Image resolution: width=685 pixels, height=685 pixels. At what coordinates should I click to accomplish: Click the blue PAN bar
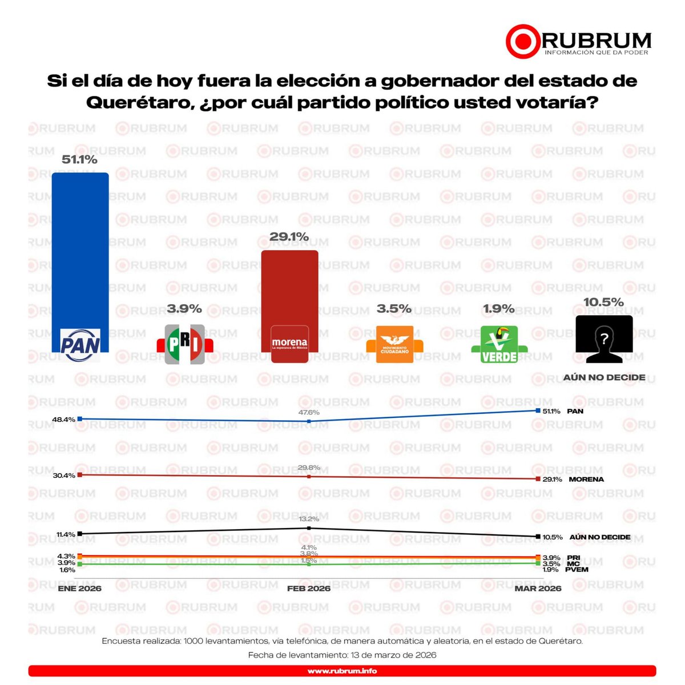pyautogui.click(x=80, y=251)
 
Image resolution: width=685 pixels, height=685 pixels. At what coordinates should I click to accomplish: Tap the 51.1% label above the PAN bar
pyautogui.click(x=79, y=159)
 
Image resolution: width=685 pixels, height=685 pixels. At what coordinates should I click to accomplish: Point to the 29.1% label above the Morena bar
pyautogui.click(x=289, y=237)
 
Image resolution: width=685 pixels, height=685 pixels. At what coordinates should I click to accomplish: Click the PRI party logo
pyautogui.click(x=184, y=345)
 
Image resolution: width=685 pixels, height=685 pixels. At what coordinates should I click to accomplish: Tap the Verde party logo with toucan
pyautogui.click(x=499, y=345)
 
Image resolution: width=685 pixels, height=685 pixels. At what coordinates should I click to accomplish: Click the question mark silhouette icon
pyautogui.click(x=604, y=340)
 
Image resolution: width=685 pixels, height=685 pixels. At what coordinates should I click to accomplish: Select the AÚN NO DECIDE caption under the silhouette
pyautogui.click(x=604, y=377)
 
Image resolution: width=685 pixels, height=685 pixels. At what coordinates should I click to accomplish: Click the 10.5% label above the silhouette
pyautogui.click(x=603, y=303)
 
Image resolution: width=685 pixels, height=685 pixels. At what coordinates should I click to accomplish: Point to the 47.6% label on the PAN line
pyautogui.click(x=309, y=412)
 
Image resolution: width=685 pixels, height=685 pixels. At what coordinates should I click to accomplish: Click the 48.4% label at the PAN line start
pyautogui.click(x=63, y=420)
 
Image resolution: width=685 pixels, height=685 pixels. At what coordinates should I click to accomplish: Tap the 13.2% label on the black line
pyautogui.click(x=309, y=519)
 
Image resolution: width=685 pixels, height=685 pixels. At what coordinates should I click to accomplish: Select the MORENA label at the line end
pyautogui.click(x=586, y=479)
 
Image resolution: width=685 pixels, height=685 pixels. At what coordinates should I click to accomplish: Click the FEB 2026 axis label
pyautogui.click(x=309, y=589)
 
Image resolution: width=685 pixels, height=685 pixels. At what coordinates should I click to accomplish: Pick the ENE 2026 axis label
pyautogui.click(x=79, y=589)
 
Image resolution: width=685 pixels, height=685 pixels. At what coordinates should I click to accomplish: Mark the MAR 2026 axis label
pyautogui.click(x=538, y=589)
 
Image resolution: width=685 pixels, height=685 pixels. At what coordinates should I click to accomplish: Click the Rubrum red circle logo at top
pyautogui.click(x=522, y=42)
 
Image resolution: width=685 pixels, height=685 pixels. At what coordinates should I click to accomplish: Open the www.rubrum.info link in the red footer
pyautogui.click(x=342, y=671)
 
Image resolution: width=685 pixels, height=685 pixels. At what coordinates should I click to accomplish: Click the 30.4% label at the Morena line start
pyautogui.click(x=63, y=476)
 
